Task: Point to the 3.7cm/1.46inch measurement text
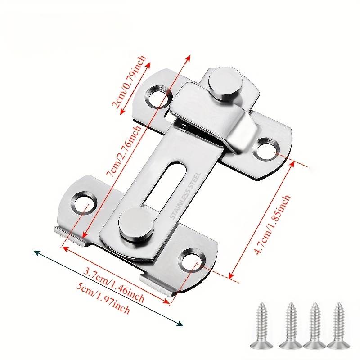tap(114, 284)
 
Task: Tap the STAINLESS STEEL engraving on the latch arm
tap(185, 196)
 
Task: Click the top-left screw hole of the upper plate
tap(158, 96)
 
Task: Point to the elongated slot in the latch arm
tap(164, 184)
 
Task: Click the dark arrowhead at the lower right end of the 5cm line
tap(181, 324)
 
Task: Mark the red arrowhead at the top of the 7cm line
tap(188, 58)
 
